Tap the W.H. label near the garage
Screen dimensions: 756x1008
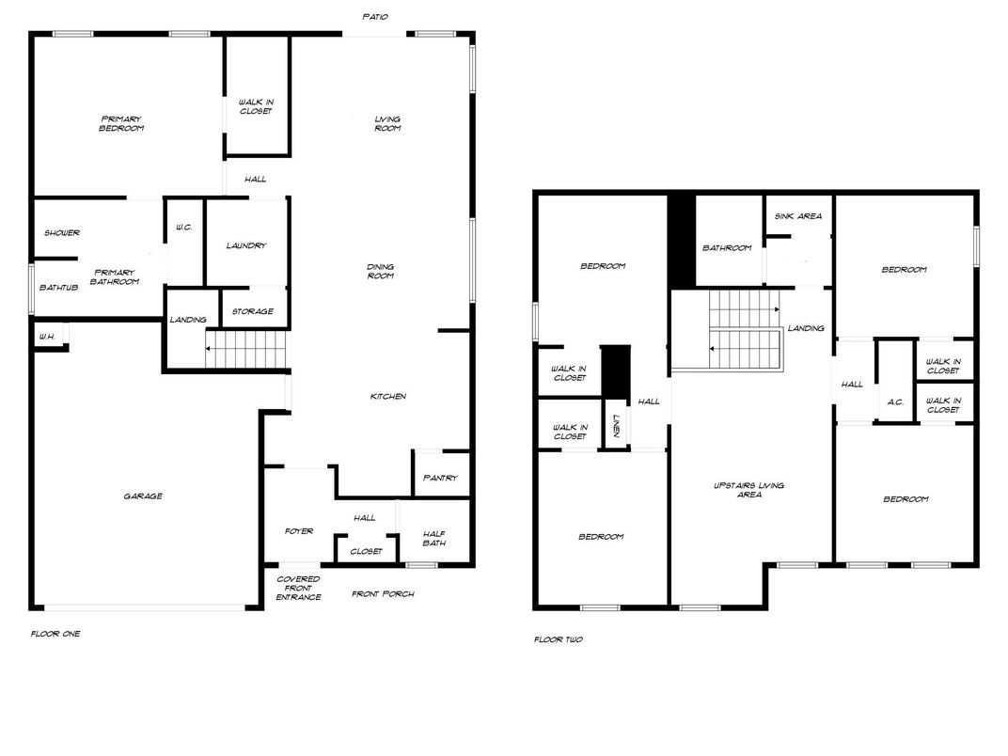pos(44,337)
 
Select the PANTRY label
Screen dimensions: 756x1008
pos(440,478)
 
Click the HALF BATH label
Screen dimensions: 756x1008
pos(433,538)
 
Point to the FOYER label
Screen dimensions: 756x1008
pos(299,531)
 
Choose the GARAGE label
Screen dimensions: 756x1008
pos(143,496)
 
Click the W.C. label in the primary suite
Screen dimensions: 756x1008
pos(184,228)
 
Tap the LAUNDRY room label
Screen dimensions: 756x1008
pos(246,245)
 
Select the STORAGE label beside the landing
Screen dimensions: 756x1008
pos(253,311)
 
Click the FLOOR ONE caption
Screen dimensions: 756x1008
pos(55,634)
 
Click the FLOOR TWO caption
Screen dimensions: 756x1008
pos(559,639)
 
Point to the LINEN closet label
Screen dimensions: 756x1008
pos(616,426)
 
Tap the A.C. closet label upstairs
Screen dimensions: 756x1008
pos(895,402)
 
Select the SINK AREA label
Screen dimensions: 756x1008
pos(797,216)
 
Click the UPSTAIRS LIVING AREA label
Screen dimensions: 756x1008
pos(748,490)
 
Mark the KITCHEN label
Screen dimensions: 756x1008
pos(387,397)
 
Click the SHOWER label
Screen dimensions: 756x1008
pos(62,233)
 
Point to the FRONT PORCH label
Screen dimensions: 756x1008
pos(383,593)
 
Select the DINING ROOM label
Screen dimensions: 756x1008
pos(380,271)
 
